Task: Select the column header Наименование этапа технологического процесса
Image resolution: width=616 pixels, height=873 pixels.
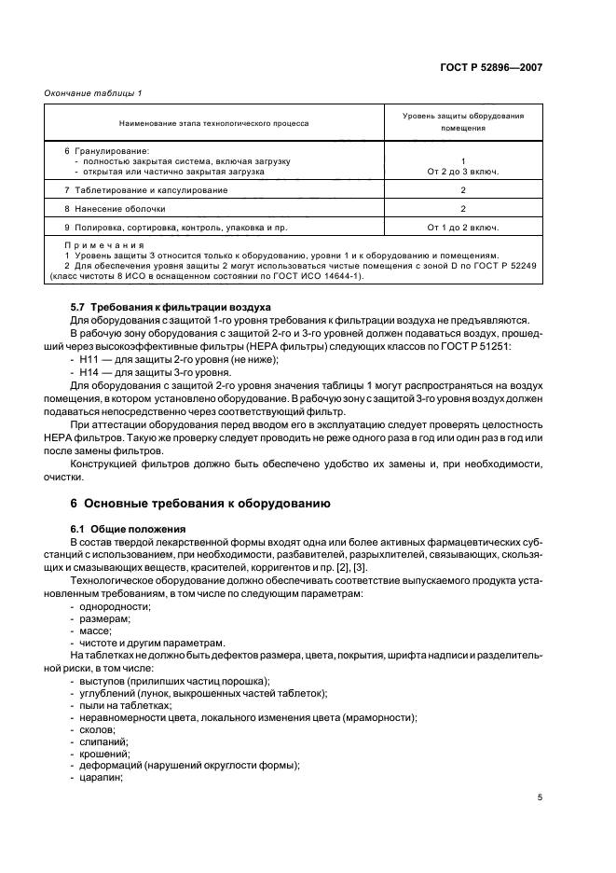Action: tap(213, 122)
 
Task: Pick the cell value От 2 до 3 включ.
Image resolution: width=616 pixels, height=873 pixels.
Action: tap(463, 172)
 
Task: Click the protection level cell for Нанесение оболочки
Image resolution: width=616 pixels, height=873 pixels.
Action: tap(463, 209)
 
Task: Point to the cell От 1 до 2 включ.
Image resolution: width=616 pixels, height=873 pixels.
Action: tap(463, 228)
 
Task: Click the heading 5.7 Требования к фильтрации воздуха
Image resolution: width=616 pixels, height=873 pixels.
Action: tap(171, 306)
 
